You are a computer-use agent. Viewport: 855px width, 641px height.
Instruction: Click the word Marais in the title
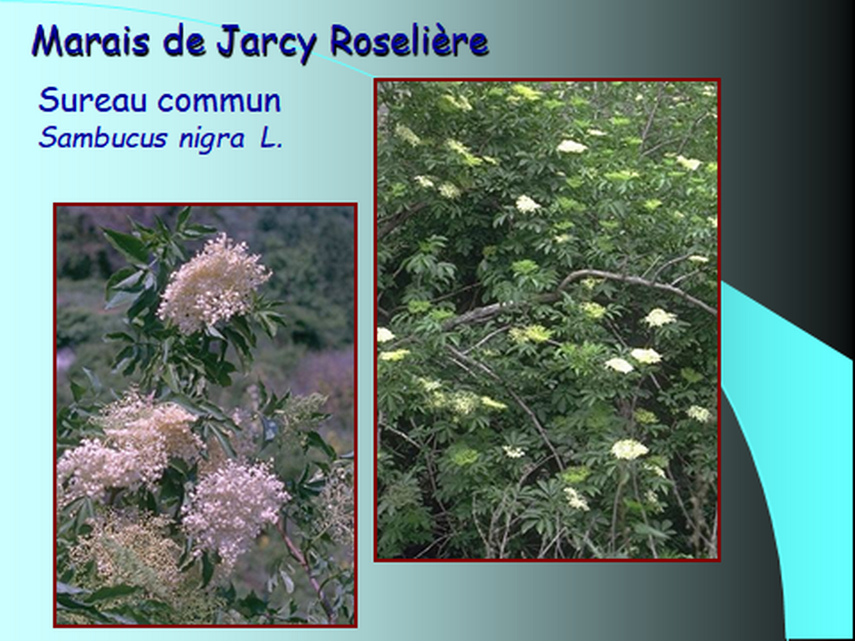point(90,41)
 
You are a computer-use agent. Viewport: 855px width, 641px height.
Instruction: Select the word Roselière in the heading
point(409,41)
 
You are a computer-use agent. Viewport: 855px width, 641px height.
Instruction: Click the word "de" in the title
point(183,42)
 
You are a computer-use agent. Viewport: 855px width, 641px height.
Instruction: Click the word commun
point(219,101)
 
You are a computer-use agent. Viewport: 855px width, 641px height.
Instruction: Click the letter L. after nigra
point(271,139)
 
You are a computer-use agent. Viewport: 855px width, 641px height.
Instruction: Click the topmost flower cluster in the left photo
point(214,284)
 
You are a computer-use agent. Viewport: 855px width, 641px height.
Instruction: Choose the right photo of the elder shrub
point(547,320)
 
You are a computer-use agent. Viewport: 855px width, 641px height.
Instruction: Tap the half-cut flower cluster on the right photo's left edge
point(385,334)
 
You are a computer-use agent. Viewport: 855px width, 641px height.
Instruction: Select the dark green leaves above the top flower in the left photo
point(159,234)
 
